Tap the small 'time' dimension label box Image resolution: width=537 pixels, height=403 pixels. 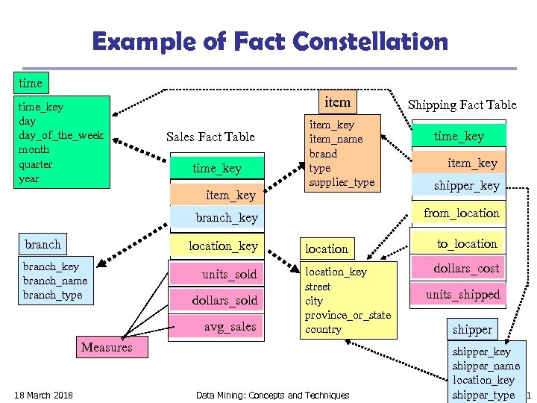pyautogui.click(x=31, y=82)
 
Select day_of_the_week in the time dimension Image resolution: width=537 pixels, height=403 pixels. pyautogui.click(x=61, y=135)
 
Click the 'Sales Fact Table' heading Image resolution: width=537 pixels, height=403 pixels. pyautogui.click(x=210, y=137)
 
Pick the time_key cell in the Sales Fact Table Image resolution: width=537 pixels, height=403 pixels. pyautogui.click(x=217, y=169)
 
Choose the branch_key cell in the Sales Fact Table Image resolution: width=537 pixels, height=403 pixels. pyautogui.click(x=227, y=218)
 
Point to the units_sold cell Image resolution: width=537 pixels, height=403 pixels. pyautogui.click(x=229, y=275)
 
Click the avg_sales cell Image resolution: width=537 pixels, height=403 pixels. pyautogui.click(x=230, y=326)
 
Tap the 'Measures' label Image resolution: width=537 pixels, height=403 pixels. pyautogui.click(x=107, y=347)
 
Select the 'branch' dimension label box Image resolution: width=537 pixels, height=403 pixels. pyautogui.click(x=43, y=245)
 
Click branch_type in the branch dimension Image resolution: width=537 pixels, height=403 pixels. pyautogui.click(x=52, y=295)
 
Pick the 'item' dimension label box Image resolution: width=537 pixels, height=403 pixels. pyautogui.click(x=337, y=101)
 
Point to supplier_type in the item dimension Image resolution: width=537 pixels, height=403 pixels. pyautogui.click(x=342, y=182)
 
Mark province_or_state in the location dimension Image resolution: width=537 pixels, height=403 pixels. pyautogui.click(x=348, y=315)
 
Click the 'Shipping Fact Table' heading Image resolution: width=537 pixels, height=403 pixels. pyautogui.click(x=462, y=104)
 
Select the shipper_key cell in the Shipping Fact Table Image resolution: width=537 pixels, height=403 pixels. pyautogui.click(x=467, y=186)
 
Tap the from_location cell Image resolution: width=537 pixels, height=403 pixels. pyautogui.click(x=462, y=213)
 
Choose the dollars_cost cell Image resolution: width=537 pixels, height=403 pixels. pyautogui.click(x=467, y=268)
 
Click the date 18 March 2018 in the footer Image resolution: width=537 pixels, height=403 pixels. pyautogui.click(x=43, y=395)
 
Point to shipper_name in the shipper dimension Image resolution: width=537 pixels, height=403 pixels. pyautogui.click(x=486, y=366)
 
